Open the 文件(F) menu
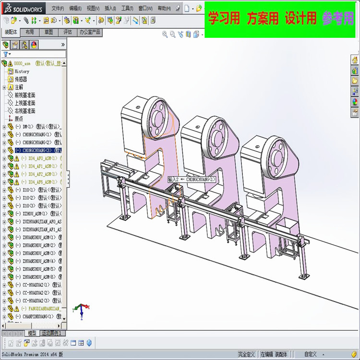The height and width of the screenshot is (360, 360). coord(58,8)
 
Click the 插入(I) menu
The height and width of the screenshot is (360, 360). coord(110,8)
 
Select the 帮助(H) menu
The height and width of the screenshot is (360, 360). coord(164,8)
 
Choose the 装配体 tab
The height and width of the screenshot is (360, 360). coord(11,32)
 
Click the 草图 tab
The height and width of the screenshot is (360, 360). coord(48,32)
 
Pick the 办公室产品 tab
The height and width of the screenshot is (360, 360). coord(90,32)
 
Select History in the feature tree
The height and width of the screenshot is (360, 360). coord(22,71)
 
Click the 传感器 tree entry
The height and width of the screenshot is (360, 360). coord(21,79)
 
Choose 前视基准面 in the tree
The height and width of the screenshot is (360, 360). coord(24,95)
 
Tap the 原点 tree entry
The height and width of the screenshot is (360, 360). coord(18,119)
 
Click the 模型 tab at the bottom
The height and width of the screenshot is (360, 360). coord(32,333)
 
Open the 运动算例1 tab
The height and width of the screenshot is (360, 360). coord(52,333)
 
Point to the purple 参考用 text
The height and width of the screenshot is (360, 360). coord(338,18)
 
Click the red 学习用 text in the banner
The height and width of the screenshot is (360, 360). coord(224,18)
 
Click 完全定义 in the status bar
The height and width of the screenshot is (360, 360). coord(246,354)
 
